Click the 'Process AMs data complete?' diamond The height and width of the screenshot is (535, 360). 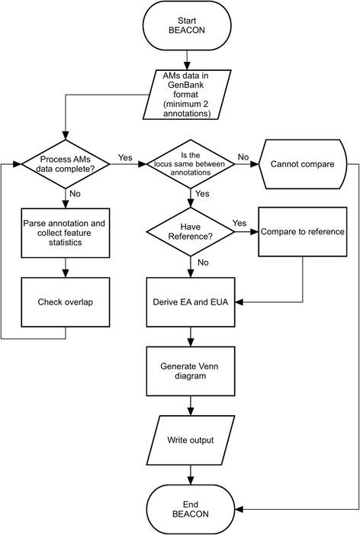coord(66,164)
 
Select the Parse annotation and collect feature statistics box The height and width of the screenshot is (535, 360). coord(66,231)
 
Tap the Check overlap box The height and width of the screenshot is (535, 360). coord(66,301)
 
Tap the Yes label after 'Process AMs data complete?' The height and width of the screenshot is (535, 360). coord(126,157)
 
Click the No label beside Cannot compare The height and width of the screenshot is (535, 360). coord(243,156)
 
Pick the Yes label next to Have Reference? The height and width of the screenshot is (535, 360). coord(239,224)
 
